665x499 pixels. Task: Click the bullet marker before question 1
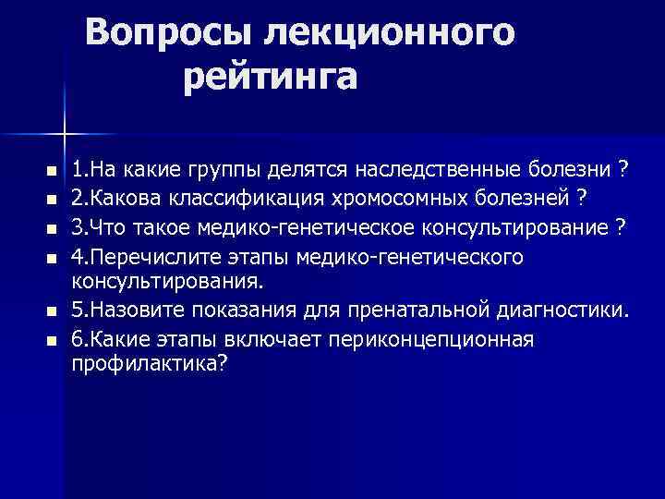point(51,172)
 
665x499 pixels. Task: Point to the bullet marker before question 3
point(51,227)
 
